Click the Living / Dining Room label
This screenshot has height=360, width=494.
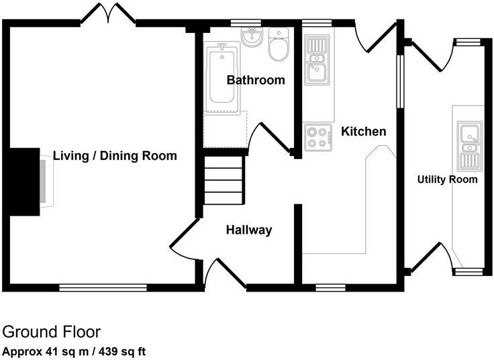pos(115,156)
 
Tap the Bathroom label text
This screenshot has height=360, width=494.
pos(255,80)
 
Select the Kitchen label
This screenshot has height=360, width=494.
pos(364,131)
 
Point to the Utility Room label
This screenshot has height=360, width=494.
pos(447,179)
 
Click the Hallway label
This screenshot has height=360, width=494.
pos(248,230)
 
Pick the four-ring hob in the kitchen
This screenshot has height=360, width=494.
pos(318,137)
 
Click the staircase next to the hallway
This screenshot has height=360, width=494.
pos(222,180)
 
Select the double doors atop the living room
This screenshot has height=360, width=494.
pos(108,14)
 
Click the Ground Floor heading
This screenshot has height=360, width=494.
pos(52,332)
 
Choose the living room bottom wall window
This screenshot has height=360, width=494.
pos(103,287)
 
